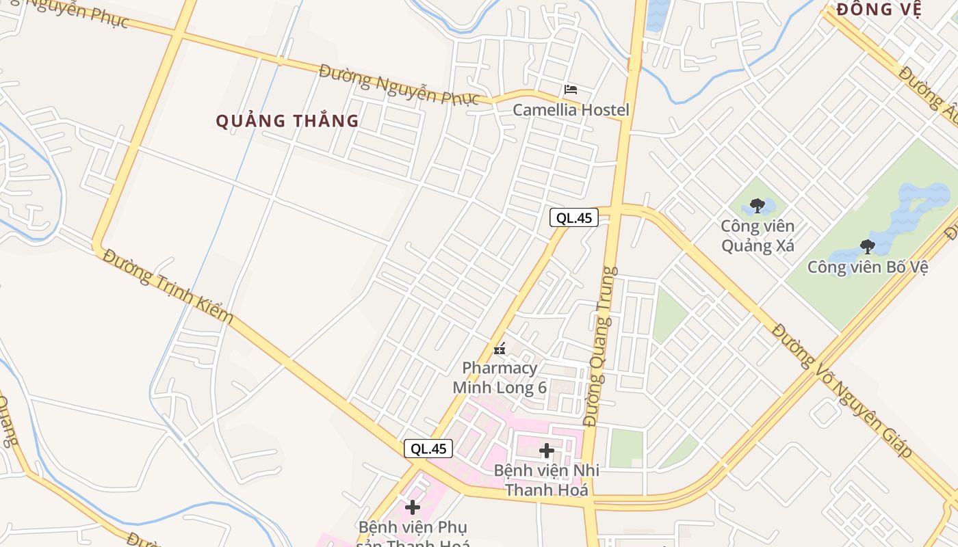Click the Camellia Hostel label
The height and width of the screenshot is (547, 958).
click(571, 109)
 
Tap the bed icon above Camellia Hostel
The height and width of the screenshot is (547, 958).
click(571, 90)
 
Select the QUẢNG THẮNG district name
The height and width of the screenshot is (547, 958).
click(287, 121)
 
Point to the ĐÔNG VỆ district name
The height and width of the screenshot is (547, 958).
click(879, 10)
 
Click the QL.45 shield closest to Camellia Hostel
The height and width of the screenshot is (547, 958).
click(573, 218)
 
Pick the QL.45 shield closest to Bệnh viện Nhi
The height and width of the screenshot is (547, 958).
click(428, 449)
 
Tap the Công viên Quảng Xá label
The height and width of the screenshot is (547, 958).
click(758, 235)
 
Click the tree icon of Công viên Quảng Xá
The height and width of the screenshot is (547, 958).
click(757, 205)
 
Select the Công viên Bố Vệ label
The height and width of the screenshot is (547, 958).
click(867, 267)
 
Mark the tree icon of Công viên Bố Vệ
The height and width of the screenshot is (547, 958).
click(867, 246)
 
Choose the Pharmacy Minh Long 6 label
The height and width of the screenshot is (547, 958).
click(500, 377)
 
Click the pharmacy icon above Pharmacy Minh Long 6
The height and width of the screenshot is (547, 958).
click(500, 349)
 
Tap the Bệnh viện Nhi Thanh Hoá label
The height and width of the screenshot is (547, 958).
click(546, 480)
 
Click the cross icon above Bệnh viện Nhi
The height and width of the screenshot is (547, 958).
click(546, 451)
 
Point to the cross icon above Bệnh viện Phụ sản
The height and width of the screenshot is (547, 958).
click(413, 507)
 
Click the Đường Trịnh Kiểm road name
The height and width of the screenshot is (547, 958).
click(168, 286)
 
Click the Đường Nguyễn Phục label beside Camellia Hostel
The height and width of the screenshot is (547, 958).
click(400, 85)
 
